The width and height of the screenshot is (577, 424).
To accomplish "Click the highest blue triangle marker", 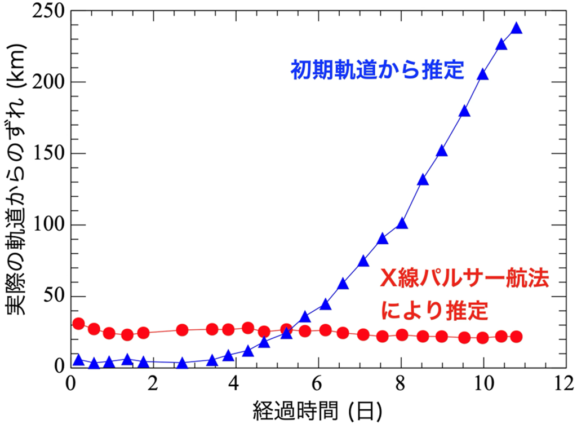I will click(x=516, y=29).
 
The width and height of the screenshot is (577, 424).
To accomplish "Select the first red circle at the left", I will click(x=79, y=324).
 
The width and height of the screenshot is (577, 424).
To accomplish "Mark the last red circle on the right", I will click(x=516, y=337).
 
